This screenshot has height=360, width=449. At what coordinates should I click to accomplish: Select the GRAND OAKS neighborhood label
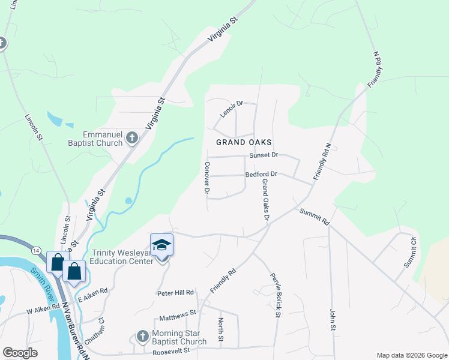tap(244, 142)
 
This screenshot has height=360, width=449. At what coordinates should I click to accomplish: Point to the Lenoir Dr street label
tap(231, 108)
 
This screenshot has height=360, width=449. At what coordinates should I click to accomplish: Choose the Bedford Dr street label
tap(261, 174)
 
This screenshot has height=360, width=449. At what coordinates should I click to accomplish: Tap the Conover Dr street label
tap(206, 178)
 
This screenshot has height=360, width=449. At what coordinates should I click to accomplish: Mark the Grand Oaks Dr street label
tap(265, 201)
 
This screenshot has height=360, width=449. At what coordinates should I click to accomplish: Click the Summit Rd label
tap(315, 217)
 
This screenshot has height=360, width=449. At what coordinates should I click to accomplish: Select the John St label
tap(332, 320)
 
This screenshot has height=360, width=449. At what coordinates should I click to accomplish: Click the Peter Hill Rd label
tap(176, 292)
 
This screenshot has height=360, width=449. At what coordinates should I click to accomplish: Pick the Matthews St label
tap(178, 313)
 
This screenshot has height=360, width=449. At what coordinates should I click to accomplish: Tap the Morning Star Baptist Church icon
tap(142, 336)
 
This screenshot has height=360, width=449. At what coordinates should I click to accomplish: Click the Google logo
tap(20, 353)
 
